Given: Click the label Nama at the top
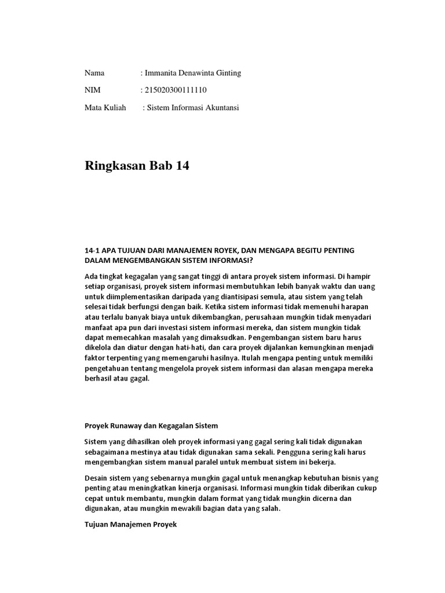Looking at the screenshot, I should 94,73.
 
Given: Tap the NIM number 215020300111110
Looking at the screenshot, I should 175,90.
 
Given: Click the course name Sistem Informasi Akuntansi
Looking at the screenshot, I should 193,108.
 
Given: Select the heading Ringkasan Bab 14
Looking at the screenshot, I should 137,166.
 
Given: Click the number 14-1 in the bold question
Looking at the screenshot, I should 93,250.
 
